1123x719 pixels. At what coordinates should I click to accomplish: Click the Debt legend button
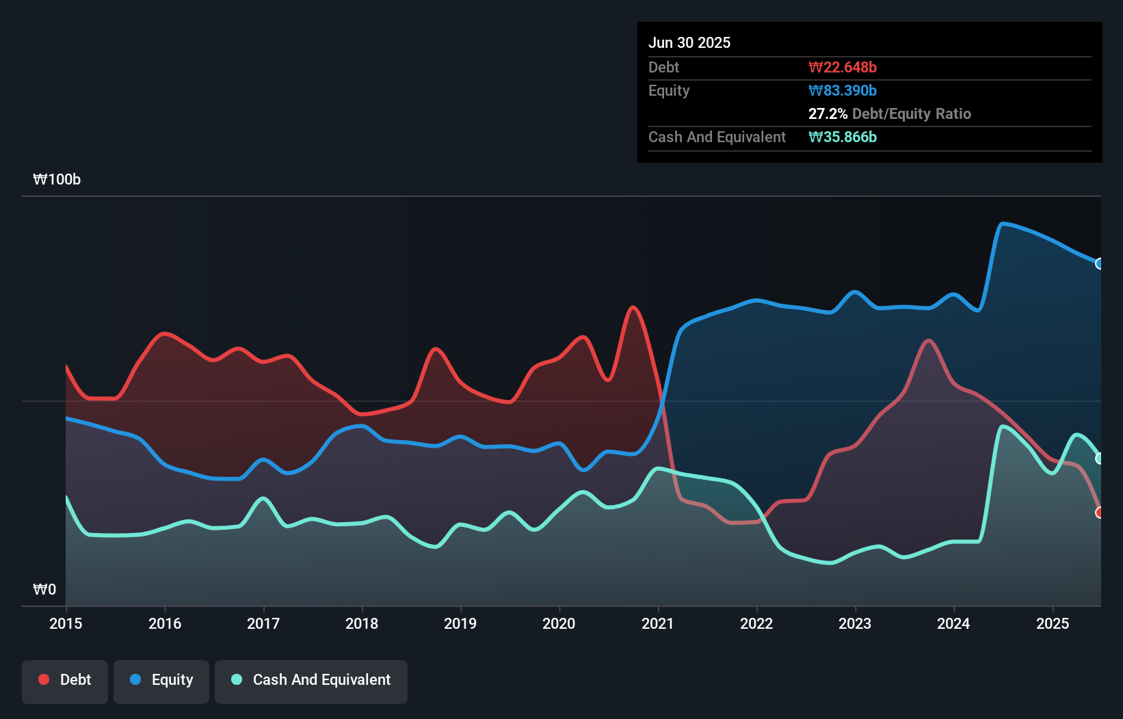pyautogui.click(x=65, y=681)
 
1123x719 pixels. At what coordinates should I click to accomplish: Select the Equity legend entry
pyautogui.click(x=161, y=681)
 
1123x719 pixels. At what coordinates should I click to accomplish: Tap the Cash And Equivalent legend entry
pyautogui.click(x=311, y=681)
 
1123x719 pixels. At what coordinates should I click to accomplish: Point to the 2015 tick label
pyautogui.click(x=66, y=623)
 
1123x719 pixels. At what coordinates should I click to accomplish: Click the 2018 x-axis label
pyautogui.click(x=362, y=623)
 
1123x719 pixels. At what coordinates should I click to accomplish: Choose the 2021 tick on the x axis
pyautogui.click(x=657, y=623)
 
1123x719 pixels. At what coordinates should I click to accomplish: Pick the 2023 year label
pyautogui.click(x=855, y=623)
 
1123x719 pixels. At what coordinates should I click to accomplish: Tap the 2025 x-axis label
pyautogui.click(x=1052, y=623)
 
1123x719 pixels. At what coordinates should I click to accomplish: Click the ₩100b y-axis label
pyautogui.click(x=57, y=179)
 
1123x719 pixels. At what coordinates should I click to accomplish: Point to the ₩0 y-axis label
pyautogui.click(x=44, y=589)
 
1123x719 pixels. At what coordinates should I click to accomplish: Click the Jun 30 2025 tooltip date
pyautogui.click(x=689, y=42)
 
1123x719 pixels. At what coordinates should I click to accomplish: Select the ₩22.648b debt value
pyautogui.click(x=842, y=67)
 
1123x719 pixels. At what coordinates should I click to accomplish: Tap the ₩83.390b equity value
pyautogui.click(x=842, y=90)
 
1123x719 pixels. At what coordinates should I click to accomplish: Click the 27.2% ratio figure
pyautogui.click(x=828, y=113)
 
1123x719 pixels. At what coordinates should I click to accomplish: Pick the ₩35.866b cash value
pyautogui.click(x=842, y=137)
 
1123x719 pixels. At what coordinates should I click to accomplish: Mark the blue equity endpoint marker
pyautogui.click(x=1100, y=264)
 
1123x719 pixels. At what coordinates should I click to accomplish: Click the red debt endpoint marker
pyautogui.click(x=1100, y=513)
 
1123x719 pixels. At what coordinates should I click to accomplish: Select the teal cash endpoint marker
pyautogui.click(x=1100, y=459)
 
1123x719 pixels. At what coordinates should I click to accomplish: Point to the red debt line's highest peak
pyautogui.click(x=633, y=308)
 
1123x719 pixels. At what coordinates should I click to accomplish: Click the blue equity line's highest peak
pyautogui.click(x=1003, y=223)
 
